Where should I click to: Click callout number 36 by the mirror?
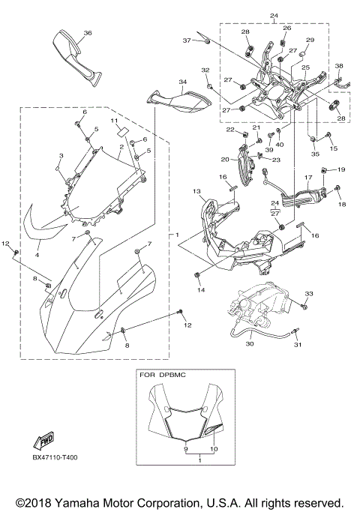pos(88,33)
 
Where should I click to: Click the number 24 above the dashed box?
pos(273,16)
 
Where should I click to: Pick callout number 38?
pos(339,66)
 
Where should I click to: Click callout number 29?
pos(310,40)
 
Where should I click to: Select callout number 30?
pos(250,344)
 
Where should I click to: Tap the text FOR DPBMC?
pos(163,373)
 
